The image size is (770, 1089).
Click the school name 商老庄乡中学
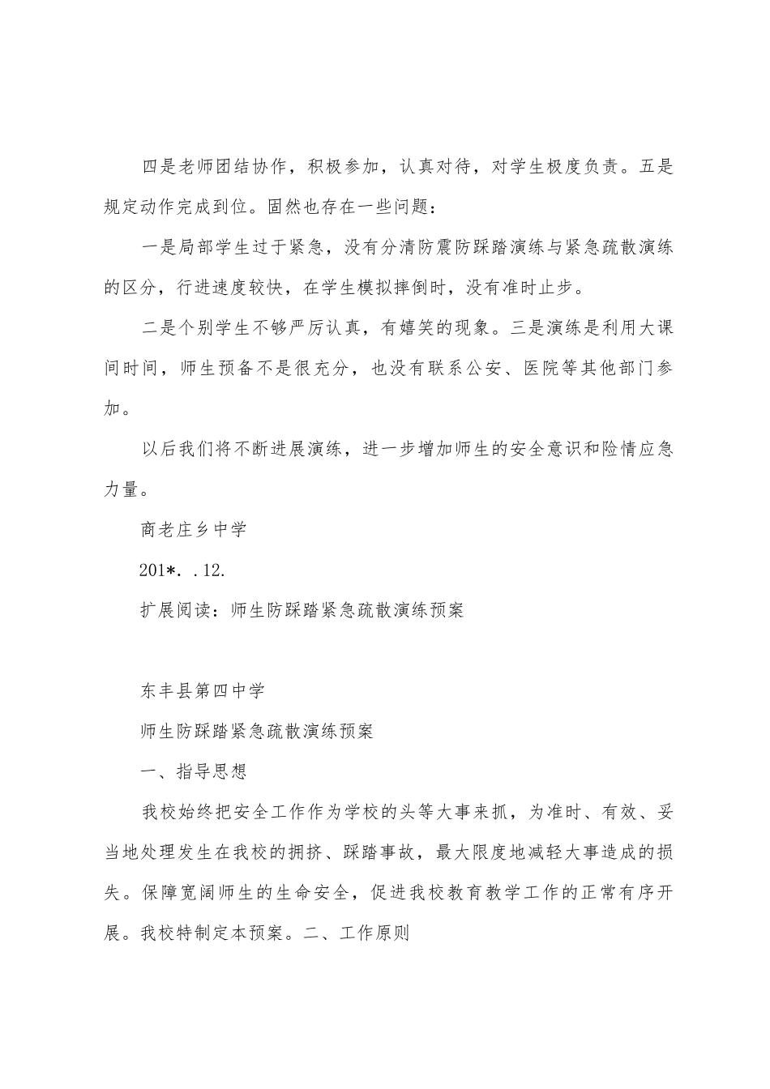click(x=193, y=530)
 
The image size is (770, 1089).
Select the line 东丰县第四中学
click(x=202, y=690)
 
